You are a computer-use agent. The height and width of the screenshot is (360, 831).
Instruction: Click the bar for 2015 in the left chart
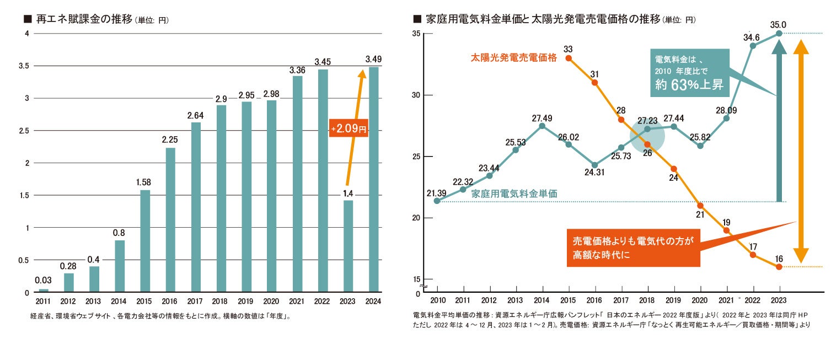145,241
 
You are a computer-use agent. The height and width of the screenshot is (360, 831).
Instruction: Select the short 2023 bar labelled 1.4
348,246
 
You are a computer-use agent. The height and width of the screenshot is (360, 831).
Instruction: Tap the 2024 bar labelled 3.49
373,179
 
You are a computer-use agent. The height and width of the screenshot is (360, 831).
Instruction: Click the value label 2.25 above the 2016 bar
169,140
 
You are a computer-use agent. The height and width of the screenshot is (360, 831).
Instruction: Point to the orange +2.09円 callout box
349,130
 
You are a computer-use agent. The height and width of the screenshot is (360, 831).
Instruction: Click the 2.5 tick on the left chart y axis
22,131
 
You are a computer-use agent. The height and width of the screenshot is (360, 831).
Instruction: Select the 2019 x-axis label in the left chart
245,302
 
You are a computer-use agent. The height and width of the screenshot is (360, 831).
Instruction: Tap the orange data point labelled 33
569,58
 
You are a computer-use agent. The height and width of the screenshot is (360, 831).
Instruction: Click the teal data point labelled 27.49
542,126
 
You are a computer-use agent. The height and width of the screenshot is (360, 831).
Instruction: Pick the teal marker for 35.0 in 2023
779,34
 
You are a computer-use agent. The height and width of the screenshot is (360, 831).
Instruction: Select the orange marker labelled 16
779,267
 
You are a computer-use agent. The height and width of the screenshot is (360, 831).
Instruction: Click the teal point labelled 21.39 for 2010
437,201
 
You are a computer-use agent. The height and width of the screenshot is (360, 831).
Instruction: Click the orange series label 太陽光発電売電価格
513,57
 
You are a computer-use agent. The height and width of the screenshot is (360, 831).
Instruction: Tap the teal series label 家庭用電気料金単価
514,194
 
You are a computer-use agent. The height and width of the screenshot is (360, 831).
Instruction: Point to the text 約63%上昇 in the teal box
689,84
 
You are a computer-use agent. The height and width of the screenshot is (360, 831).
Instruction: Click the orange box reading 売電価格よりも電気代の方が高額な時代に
633,248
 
